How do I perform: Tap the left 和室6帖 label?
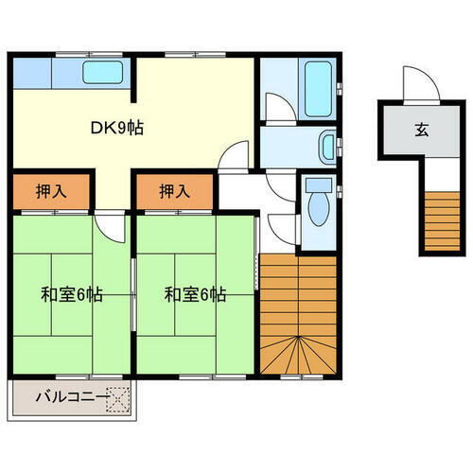(71, 294)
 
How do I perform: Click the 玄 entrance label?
(418, 131)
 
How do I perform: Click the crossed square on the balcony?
(117, 398)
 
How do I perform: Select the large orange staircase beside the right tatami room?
(298, 317)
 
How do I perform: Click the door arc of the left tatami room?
(110, 227)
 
